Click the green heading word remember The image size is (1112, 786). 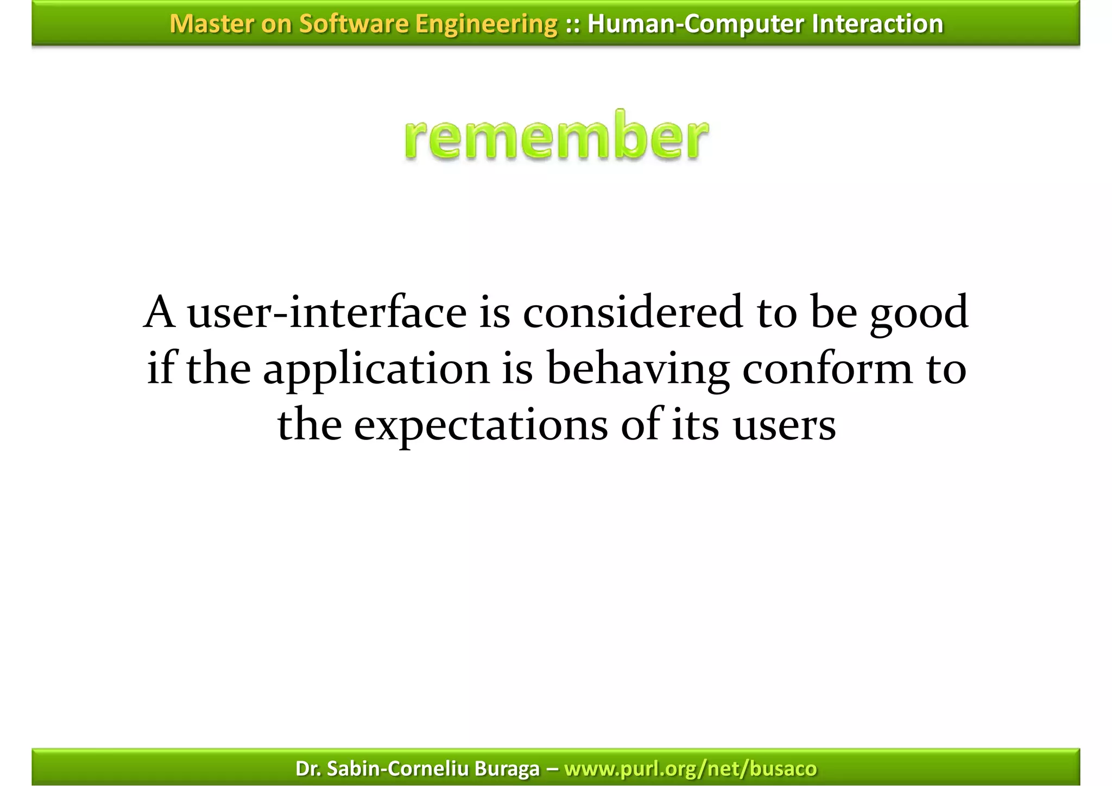click(556, 136)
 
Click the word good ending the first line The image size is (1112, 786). click(919, 313)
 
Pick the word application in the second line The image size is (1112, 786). click(376, 369)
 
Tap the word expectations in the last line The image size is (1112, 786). click(481, 425)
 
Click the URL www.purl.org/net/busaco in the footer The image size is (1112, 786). click(690, 769)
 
